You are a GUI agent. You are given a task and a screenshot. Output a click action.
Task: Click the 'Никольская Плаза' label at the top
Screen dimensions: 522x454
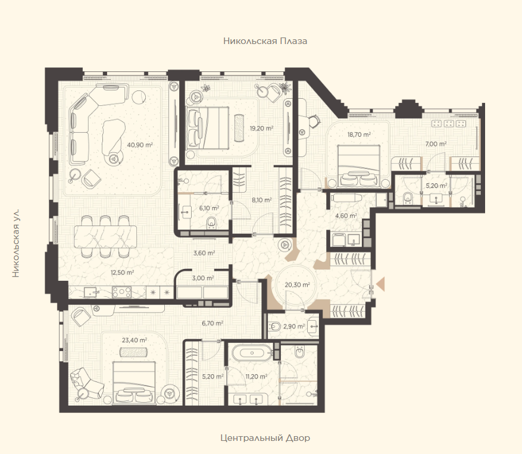265,41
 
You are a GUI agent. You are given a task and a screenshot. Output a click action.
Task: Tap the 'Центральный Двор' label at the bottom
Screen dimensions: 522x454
265,438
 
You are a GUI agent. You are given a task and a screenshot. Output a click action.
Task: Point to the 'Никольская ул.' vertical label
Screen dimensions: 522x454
15,243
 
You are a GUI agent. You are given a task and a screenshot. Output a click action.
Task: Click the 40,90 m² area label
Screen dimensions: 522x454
140,145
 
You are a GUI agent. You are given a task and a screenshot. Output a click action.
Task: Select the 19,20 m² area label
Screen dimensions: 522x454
262,128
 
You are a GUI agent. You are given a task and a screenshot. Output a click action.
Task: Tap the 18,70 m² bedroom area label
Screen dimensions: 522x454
359,135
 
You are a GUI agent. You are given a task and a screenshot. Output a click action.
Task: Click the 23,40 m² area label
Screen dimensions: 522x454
135,340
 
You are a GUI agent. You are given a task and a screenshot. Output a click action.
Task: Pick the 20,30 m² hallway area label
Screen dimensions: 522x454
297,285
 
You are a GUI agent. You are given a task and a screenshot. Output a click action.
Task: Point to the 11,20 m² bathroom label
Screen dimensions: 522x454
257,377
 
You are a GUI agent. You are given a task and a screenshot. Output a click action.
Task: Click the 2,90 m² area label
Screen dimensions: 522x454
294,327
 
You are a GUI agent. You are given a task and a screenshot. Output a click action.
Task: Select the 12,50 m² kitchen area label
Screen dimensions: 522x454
122,273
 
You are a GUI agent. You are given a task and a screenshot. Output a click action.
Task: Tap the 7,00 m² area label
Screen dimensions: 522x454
436,144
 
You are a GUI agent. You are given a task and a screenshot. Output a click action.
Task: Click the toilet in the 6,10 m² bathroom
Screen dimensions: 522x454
211,223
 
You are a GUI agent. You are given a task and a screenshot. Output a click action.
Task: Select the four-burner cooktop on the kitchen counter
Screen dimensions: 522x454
122,292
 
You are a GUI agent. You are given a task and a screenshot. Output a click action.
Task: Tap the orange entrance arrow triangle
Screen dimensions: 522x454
380,284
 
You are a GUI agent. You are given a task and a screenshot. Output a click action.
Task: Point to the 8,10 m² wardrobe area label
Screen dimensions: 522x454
262,200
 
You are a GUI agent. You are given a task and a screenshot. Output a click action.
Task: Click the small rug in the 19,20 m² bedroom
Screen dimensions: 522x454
239,128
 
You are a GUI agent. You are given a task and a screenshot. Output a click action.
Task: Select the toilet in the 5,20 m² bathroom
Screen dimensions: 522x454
408,199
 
